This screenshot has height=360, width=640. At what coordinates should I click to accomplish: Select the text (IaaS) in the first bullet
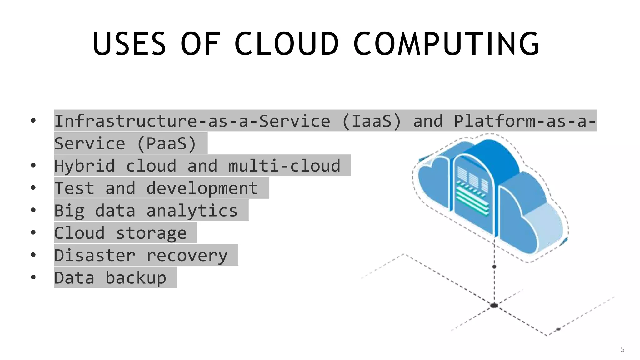372,121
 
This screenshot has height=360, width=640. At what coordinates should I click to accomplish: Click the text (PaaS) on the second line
167,143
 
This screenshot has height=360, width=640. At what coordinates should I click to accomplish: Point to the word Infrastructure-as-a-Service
192,121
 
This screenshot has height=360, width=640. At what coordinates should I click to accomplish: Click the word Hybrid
84,166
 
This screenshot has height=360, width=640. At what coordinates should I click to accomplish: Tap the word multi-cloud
284,166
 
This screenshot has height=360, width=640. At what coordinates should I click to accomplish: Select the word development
202,188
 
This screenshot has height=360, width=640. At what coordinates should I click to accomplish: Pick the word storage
151,233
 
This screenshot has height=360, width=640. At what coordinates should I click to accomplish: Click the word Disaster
95,256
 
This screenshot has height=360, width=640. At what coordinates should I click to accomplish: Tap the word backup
136,278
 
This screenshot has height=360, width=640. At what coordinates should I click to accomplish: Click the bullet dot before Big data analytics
33,210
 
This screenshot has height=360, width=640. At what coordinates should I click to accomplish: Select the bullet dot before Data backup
33,277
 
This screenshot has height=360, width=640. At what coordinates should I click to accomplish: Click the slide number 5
622,349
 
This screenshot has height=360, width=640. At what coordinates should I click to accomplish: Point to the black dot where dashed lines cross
494,305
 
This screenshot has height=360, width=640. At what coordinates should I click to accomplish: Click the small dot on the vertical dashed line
494,267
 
